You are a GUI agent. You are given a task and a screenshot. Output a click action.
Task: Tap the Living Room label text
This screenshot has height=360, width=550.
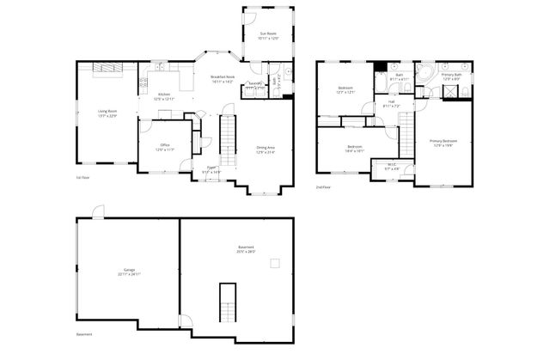pos(107,113)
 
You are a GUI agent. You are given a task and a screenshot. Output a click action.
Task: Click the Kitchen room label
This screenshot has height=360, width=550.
pos(163,96)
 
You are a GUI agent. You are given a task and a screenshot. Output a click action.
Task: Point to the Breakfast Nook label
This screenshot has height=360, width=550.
pos(223,79)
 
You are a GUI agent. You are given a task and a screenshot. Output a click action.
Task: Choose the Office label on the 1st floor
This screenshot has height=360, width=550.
pos(164,147)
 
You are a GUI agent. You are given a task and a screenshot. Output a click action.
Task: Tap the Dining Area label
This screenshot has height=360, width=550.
pos(266,149)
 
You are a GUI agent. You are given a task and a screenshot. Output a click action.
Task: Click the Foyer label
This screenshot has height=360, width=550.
pos(211,169)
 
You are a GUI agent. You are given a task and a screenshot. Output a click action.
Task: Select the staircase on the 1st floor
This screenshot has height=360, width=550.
pos(229,137)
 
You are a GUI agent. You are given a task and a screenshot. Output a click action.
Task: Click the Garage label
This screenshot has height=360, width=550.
pos(129,272)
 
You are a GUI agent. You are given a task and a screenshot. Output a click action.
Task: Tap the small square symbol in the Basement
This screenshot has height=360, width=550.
pos(275,264)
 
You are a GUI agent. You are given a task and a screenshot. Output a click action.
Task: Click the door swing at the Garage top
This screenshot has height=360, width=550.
pos(98,211)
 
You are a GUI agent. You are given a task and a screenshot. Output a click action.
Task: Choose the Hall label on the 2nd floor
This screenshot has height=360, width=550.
pos(391,104)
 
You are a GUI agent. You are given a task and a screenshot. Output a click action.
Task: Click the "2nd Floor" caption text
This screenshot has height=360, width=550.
pos(323,186)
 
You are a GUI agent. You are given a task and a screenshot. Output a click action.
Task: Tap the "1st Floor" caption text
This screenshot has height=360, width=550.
pos(82,178)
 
